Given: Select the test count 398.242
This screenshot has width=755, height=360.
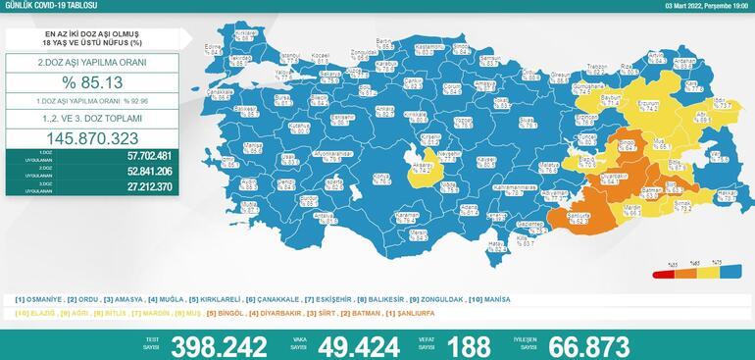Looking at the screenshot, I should click(x=218, y=345).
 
